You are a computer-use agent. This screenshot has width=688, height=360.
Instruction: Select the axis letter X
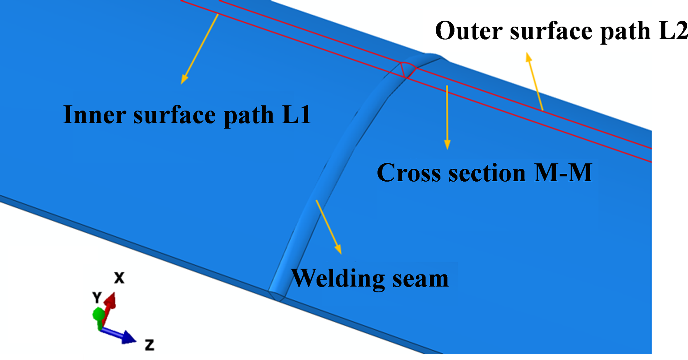point(119,278)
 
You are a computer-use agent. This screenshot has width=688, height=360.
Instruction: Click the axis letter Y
point(97,297)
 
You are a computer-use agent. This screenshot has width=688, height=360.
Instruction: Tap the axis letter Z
point(150,345)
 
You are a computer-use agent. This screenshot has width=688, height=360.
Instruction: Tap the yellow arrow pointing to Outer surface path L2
point(534,81)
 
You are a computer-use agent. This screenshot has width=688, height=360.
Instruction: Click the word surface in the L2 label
point(551,31)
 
